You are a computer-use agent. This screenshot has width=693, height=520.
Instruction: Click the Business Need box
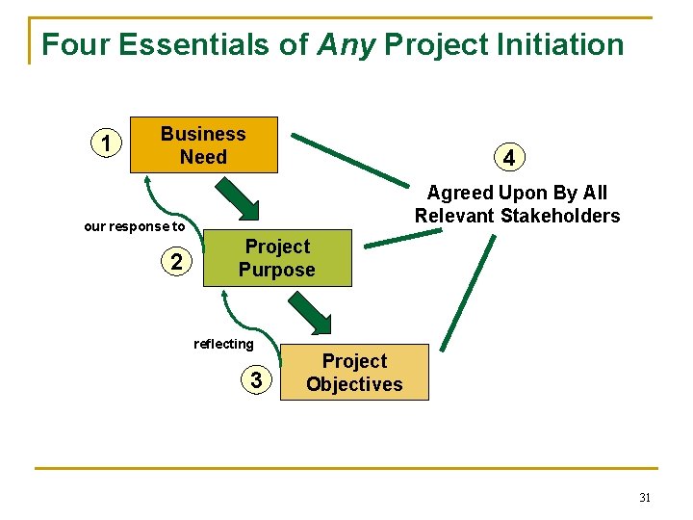point(203,145)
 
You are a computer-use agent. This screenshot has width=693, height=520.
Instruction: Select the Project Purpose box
point(276,258)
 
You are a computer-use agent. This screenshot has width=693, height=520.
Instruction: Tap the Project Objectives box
point(354,373)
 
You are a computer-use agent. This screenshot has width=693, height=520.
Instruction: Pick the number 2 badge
point(176,261)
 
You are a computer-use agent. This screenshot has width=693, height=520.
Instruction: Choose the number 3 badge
point(255,381)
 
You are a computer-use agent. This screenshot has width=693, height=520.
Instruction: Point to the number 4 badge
point(508,156)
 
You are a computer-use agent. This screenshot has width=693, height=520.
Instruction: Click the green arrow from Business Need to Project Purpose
point(237,198)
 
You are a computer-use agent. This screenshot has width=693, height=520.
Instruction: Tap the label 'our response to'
point(134,227)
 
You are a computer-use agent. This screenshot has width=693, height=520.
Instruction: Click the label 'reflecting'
point(223,344)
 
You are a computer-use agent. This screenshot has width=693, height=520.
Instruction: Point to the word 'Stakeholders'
point(565,216)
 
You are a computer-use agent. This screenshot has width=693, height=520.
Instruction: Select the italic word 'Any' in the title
point(345,44)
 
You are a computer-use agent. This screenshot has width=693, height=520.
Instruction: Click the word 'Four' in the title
point(71,44)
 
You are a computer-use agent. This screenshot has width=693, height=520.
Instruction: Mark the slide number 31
point(644,498)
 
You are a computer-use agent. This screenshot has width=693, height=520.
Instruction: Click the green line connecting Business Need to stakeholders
point(350,158)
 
